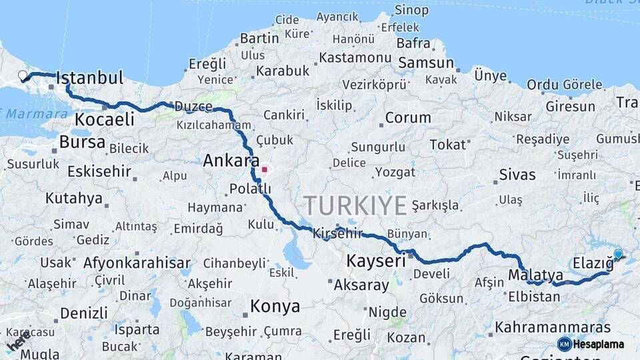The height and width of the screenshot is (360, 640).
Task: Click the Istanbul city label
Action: (90, 78)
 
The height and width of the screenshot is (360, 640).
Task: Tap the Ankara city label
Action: (231, 161)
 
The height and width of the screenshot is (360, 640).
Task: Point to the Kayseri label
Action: (376, 261)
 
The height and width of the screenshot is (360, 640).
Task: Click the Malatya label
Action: (535, 275)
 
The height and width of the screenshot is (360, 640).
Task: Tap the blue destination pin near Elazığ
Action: (618, 254)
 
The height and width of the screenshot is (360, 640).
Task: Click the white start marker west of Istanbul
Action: (23, 75)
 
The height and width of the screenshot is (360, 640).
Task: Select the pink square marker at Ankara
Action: (265, 169)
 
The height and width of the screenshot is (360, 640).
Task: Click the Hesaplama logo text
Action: (598, 344)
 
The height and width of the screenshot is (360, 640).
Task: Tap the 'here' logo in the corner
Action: (17, 341)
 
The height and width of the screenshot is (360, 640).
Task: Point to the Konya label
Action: (275, 307)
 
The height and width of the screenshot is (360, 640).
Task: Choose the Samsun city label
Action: (426, 63)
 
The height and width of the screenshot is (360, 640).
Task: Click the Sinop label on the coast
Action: (411, 10)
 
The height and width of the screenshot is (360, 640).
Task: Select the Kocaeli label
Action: (104, 120)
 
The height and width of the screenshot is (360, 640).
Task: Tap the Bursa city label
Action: (82, 142)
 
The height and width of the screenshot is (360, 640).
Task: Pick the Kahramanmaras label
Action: (553, 327)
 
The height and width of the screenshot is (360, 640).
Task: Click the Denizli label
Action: (83, 313)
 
